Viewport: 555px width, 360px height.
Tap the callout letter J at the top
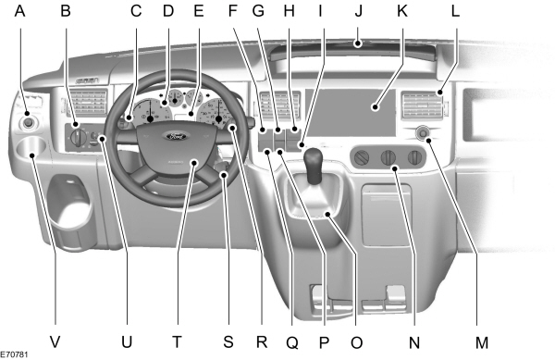coord(356,11)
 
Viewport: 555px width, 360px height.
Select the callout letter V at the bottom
coord(55,341)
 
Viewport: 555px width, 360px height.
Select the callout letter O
coord(356,341)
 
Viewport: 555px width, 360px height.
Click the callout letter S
coord(228,341)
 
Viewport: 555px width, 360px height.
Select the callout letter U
coord(127,341)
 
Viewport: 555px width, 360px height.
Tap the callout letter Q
coord(292,341)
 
